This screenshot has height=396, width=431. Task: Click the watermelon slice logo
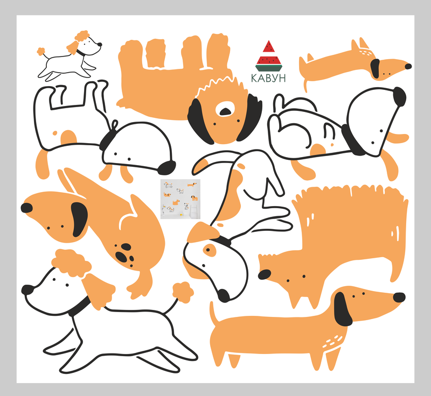[269, 56]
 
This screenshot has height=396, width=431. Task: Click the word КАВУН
[268, 78]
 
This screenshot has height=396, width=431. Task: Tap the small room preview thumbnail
[180, 199]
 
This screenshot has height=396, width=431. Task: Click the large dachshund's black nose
[399, 298]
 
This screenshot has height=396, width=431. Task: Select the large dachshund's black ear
[343, 309]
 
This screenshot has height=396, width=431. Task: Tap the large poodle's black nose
[27, 289]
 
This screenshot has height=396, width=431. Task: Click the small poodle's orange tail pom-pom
[41, 51]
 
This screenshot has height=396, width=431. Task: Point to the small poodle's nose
[100, 44]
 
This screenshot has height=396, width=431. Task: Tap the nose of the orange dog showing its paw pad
[26, 208]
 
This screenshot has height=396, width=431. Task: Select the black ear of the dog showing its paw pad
[79, 220]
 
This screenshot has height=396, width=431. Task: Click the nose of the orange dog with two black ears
[226, 111]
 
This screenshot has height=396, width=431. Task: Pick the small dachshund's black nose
[408, 66]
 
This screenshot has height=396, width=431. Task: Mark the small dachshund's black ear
[375, 68]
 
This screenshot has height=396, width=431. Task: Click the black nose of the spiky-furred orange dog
[265, 274]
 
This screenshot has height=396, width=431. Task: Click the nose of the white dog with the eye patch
[224, 296]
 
